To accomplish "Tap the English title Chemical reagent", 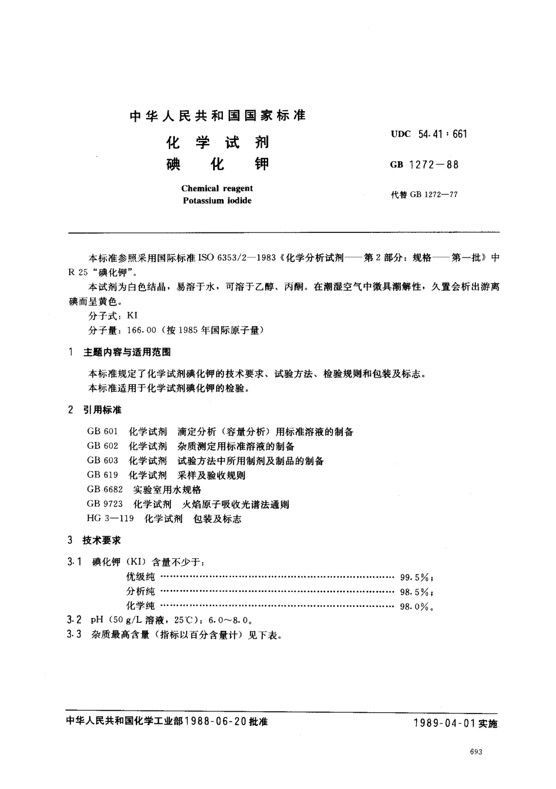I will pos(217,188).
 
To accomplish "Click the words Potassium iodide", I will pos(217,200).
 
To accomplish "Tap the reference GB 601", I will pos(102,432).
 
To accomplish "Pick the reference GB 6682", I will pos(105,490).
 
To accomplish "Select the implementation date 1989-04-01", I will pos(444,723).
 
